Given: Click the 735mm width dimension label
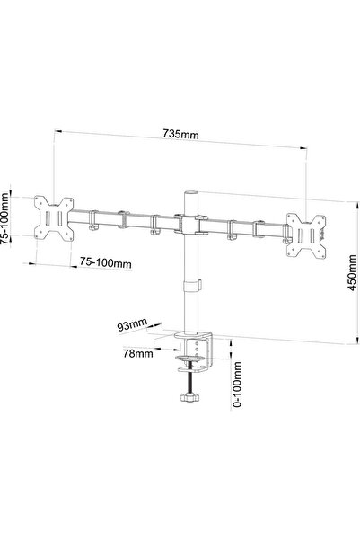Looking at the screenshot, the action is (180, 134).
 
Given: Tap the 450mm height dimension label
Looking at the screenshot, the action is (352, 273).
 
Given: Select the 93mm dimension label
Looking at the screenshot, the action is (132, 324).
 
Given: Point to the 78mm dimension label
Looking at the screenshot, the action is (138, 353).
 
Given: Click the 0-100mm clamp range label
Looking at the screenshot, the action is (237, 385).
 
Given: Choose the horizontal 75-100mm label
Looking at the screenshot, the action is (106, 262).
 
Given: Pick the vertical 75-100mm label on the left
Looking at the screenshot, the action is (4, 218).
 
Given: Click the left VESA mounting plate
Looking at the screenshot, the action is (54, 218).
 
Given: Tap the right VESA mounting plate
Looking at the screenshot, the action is (306, 235).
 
